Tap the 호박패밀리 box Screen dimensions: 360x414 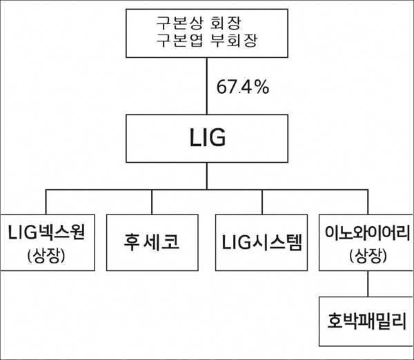coord(366,321)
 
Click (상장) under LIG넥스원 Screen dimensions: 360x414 coord(46,256)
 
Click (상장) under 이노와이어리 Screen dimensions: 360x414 coord(366,256)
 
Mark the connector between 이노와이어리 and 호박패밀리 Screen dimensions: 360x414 coord(366,283)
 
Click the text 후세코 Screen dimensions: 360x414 coord(150,243)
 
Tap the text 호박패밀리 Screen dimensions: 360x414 coord(366,321)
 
